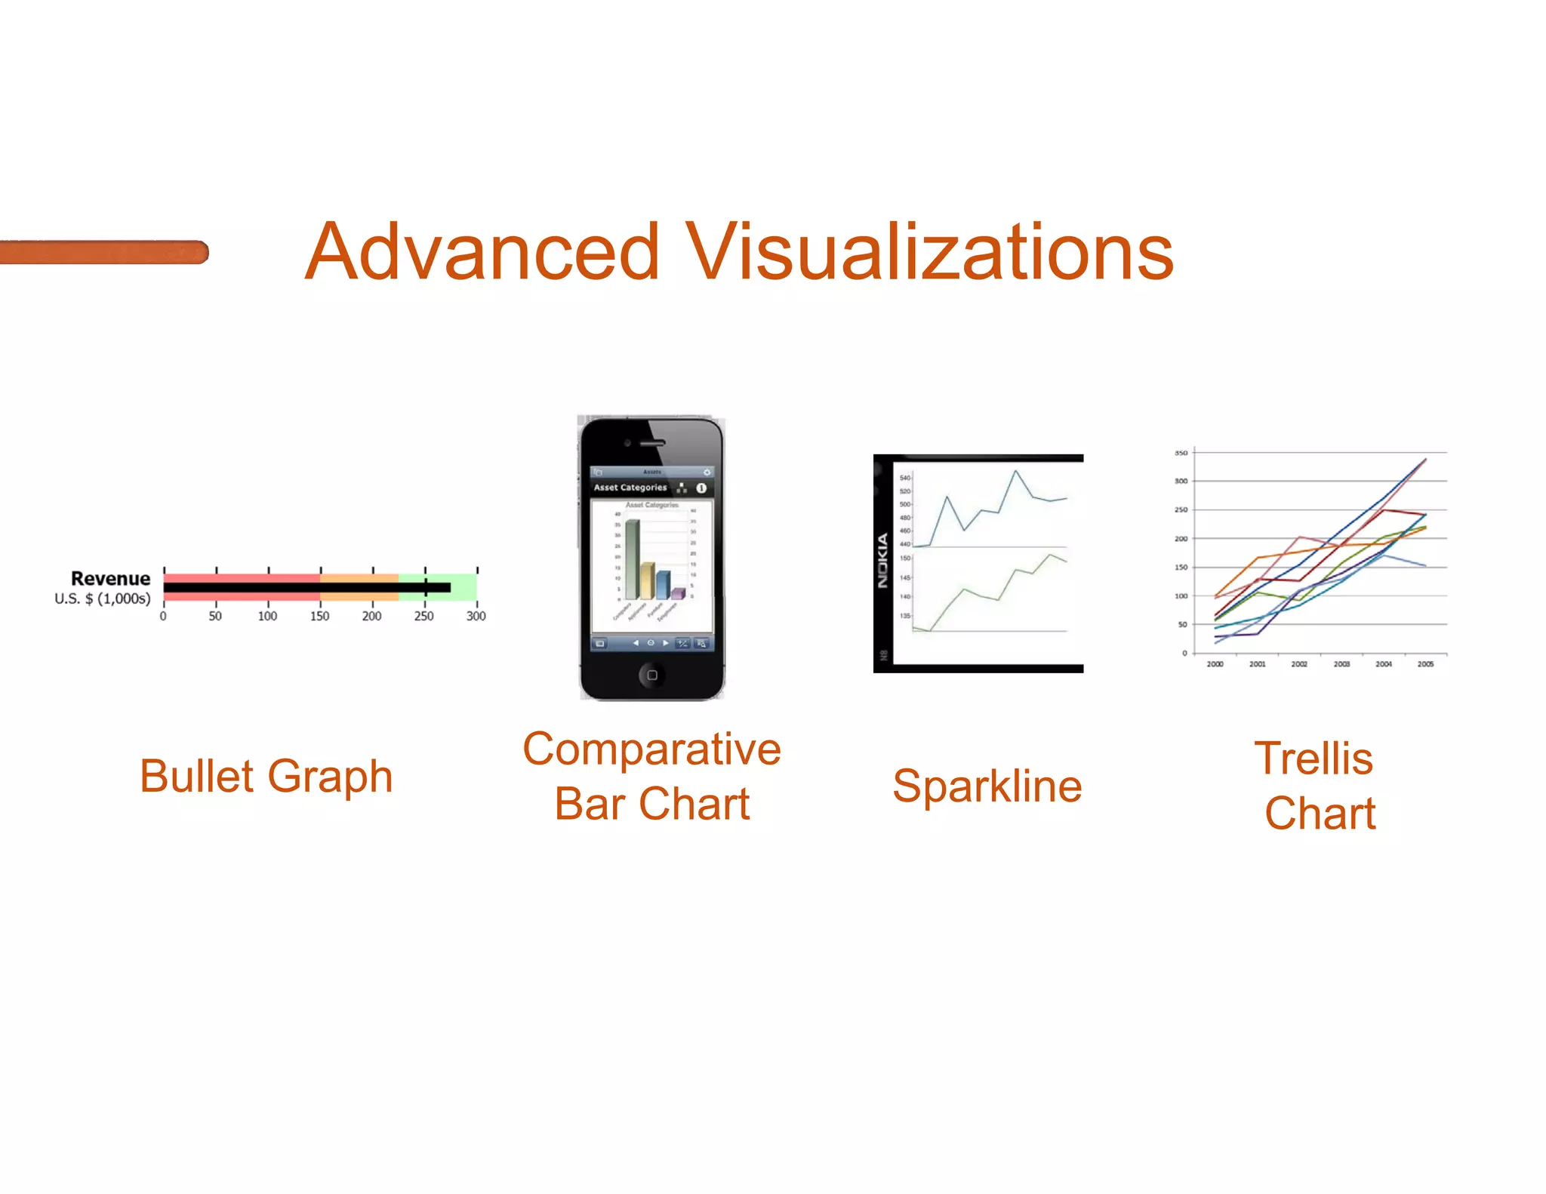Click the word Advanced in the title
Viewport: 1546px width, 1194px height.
coord(483,252)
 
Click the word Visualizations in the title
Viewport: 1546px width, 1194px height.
coord(929,252)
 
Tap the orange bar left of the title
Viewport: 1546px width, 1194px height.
coord(103,252)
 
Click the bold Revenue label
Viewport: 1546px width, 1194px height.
coord(110,579)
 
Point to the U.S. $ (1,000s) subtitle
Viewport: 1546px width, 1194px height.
coord(103,599)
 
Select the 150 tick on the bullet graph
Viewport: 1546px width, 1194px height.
coord(319,616)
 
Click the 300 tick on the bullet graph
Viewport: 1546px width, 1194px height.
coord(476,616)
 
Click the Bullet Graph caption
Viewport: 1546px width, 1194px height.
coord(266,777)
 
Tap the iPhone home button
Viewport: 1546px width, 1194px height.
coord(651,675)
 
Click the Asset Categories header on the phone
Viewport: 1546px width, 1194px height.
coord(630,488)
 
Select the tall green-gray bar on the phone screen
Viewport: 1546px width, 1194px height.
coord(632,559)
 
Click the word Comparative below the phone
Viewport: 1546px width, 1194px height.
coord(651,749)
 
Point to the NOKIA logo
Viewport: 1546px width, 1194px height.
coord(882,561)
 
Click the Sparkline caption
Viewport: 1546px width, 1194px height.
coord(987,786)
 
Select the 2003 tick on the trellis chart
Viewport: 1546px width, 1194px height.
coord(1341,664)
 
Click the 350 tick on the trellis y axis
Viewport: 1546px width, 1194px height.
coord(1181,453)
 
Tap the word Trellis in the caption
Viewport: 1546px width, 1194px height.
coord(1313,759)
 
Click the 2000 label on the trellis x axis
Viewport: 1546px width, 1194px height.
coord(1215,664)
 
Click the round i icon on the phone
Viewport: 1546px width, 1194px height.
coord(701,488)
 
